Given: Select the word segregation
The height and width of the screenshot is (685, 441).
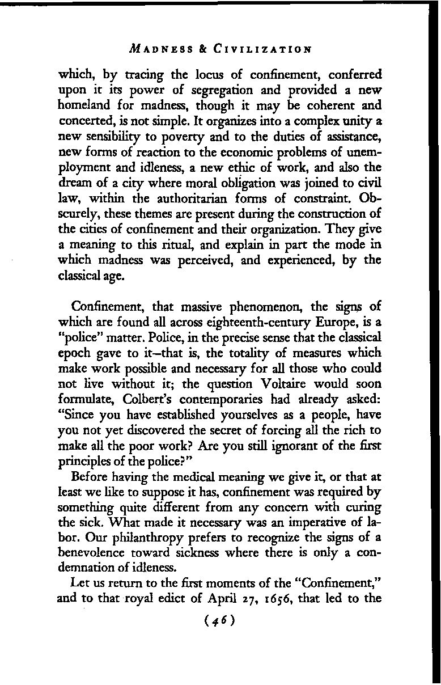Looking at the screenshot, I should pyautogui.click(x=234, y=90).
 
